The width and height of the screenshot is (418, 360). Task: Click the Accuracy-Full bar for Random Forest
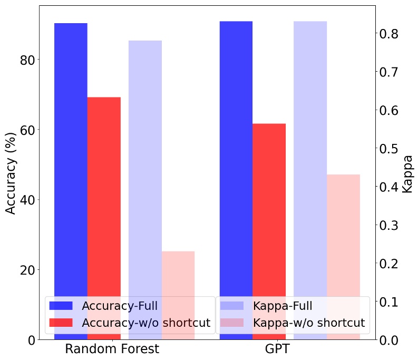[71, 158]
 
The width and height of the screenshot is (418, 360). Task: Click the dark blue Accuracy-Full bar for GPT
[236, 158]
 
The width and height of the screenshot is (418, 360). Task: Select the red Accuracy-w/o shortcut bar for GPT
[269, 211]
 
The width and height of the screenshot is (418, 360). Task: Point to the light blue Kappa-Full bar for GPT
[310, 158]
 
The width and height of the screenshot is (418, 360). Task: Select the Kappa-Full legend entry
[283, 306]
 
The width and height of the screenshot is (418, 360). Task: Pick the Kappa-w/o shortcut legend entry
[308, 323]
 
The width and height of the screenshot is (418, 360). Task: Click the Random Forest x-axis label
[112, 349]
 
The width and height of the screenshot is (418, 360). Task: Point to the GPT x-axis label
[277, 349]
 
